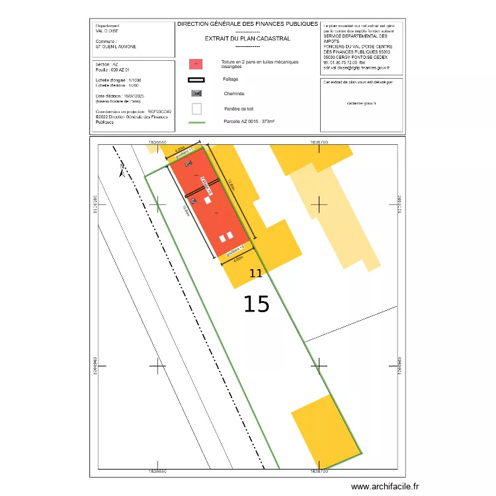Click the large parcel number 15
click(257, 304)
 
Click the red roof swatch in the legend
click(196, 64)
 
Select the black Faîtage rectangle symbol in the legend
click(196, 79)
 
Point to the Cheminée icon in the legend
click(196, 93)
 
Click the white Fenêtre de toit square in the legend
click(196, 108)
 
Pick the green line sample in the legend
click(196, 123)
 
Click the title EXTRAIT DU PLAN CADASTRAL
click(247, 39)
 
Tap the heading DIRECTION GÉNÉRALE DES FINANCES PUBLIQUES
click(247, 24)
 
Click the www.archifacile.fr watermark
click(385, 487)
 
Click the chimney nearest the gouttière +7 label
click(188, 163)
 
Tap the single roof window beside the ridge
click(207, 199)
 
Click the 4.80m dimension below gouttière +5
click(239, 260)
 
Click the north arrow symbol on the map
click(121, 173)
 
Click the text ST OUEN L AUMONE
click(116, 46)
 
